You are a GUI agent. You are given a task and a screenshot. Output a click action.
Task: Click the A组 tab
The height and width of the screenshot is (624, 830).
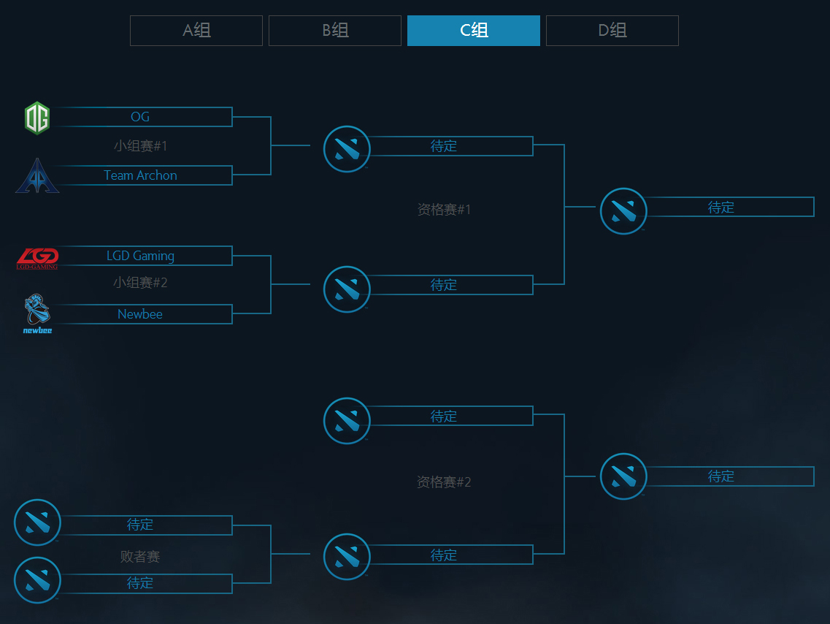[196, 31]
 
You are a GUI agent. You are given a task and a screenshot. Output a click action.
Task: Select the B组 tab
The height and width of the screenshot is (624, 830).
[335, 31]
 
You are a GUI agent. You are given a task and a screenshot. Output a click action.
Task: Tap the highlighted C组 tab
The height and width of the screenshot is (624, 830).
[474, 31]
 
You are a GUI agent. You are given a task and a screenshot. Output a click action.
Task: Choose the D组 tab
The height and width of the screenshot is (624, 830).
[612, 31]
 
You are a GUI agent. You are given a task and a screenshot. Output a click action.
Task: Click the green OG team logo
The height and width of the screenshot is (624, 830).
[36, 118]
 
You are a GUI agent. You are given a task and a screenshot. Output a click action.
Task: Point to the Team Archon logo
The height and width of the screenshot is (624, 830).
[36, 176]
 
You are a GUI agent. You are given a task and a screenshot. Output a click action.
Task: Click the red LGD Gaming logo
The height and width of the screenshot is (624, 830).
[37, 257]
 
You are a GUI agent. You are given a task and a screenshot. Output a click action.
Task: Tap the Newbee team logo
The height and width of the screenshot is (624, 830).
[37, 313]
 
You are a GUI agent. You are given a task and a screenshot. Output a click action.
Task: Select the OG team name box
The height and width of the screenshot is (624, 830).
[140, 117]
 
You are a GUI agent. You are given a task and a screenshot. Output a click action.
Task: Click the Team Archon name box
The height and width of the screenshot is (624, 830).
[140, 175]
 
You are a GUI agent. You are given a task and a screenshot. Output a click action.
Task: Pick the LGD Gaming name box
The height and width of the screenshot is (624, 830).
[140, 256]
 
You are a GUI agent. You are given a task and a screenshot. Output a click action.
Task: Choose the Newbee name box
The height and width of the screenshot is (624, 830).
[140, 314]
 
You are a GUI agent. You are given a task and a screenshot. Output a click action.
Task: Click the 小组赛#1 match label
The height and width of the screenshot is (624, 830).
[140, 146]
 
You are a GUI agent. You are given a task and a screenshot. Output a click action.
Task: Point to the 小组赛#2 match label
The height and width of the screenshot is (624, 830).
[140, 283]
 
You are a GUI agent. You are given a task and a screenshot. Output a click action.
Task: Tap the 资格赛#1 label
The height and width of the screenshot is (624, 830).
[444, 210]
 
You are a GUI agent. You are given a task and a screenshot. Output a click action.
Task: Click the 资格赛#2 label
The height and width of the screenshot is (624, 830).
[444, 482]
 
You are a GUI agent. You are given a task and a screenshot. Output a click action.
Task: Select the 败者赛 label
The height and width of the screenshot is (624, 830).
[140, 557]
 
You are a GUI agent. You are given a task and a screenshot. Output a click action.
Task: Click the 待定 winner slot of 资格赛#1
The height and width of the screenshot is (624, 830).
[721, 208]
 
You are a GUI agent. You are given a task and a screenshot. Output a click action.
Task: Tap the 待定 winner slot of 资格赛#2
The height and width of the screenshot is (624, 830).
[721, 476]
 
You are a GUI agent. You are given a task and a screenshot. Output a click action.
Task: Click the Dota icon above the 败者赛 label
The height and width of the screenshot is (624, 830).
[37, 522]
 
